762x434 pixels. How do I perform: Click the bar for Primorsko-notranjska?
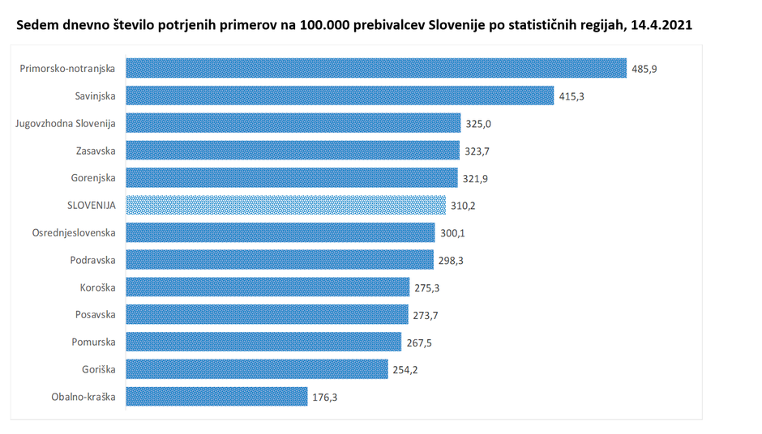[x=377, y=68]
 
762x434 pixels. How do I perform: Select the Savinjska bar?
[x=340, y=96]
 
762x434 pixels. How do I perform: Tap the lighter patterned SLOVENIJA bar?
[x=286, y=205]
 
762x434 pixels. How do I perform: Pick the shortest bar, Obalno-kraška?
[x=217, y=396]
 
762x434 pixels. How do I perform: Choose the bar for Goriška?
[x=258, y=368]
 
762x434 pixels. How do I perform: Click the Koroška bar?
[x=268, y=287]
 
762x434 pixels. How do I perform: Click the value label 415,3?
[x=571, y=96]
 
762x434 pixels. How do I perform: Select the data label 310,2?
[x=462, y=206]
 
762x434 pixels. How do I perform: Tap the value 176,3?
[x=324, y=397]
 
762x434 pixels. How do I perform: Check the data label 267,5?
[x=418, y=342]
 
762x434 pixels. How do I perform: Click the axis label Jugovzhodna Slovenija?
[x=66, y=123]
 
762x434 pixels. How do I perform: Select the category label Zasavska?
[x=94, y=151]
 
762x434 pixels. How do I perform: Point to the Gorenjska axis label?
[x=92, y=177]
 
